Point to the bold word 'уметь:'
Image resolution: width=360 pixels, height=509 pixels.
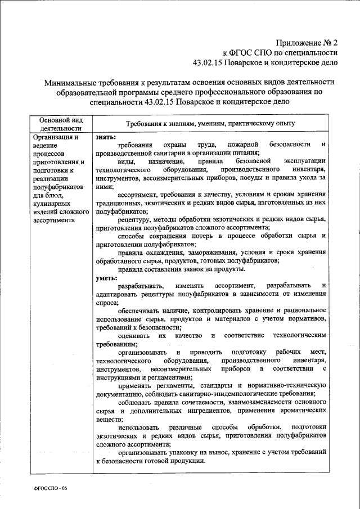(x=107, y=278)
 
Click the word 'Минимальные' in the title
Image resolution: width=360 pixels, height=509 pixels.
(x=73, y=83)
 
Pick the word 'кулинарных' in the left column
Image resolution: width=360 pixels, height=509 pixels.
(x=51, y=203)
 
